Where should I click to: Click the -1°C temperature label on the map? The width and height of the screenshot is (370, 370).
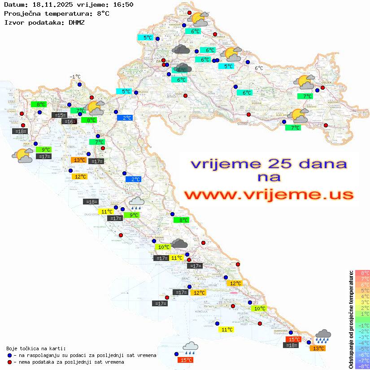coord(75,77)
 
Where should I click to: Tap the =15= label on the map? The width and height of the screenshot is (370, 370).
coord(59,115)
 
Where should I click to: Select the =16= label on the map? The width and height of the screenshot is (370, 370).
coord(69,122)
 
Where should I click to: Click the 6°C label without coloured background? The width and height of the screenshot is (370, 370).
coord(259,68)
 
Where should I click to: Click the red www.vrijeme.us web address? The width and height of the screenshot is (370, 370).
coord(268,195)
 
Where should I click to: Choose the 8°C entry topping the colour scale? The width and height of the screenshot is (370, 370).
coord(362,273)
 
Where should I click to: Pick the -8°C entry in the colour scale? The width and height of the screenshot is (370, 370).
coord(362,366)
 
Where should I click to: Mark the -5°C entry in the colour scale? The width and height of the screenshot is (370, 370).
coord(362,348)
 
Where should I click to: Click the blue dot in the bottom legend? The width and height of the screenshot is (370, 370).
coord(10,355)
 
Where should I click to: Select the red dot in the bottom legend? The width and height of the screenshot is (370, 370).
coord(10,362)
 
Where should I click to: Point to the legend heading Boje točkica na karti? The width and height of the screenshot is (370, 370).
coord(36,348)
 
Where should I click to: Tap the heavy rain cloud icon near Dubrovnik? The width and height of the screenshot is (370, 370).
coord(322,336)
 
